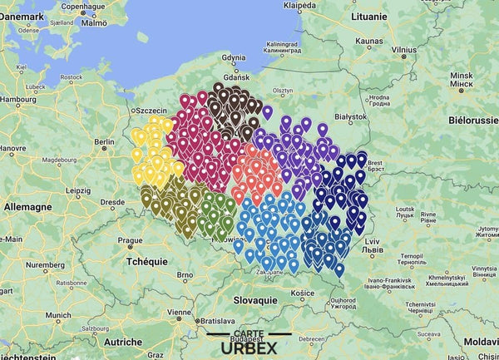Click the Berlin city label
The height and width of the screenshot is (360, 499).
tap(105, 142)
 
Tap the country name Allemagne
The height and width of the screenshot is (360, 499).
tap(29, 205)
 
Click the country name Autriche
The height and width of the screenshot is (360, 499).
tap(122, 342)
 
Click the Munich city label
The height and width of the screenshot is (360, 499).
tap(58, 316)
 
